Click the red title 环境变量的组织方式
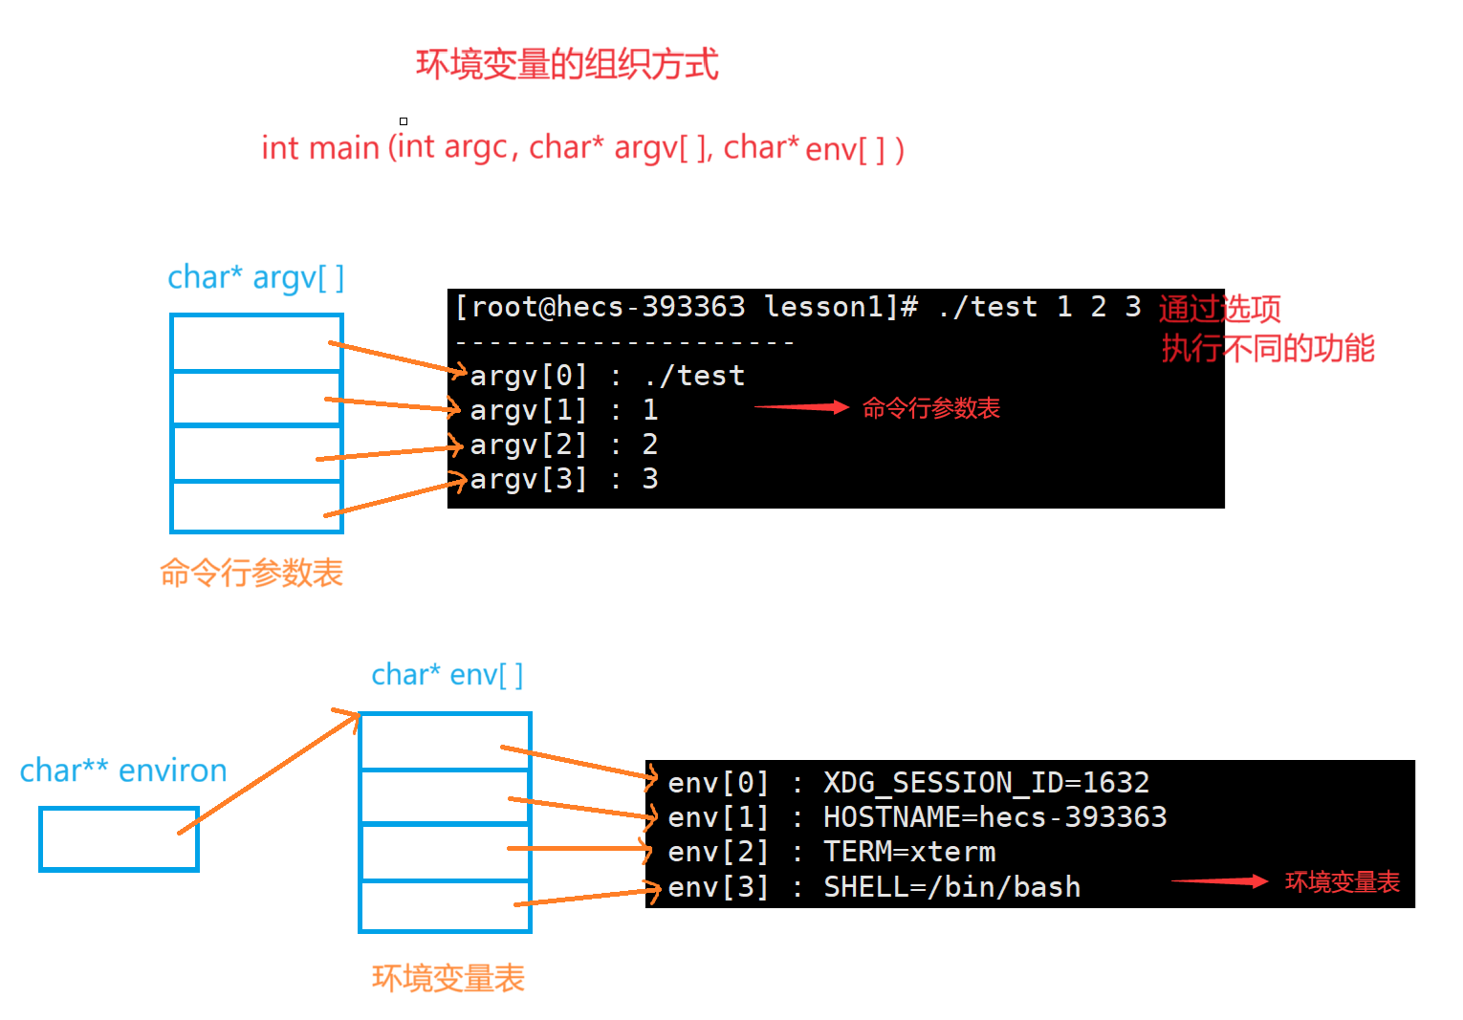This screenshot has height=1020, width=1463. [566, 65]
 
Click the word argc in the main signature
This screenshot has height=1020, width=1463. [475, 147]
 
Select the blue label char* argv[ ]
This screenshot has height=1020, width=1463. [255, 277]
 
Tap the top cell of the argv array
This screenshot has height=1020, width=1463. [255, 342]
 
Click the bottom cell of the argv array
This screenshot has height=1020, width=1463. [255, 507]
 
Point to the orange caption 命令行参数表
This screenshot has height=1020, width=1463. [251, 573]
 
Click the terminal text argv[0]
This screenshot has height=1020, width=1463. [528, 376]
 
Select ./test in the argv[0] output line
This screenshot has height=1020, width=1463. [694, 376]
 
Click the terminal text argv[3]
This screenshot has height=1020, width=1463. [528, 479]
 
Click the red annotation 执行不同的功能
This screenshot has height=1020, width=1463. [1267, 349]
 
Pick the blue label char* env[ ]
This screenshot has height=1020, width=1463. [447, 675]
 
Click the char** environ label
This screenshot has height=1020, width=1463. [123, 770]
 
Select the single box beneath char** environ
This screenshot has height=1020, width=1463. [119, 839]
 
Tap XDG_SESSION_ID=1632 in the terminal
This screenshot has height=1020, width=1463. [986, 783]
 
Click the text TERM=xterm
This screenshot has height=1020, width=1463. [908, 852]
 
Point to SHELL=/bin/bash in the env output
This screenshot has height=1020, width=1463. [951, 887]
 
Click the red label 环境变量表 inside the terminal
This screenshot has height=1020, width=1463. [1342, 881]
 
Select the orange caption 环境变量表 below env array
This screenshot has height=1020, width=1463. [448, 978]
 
